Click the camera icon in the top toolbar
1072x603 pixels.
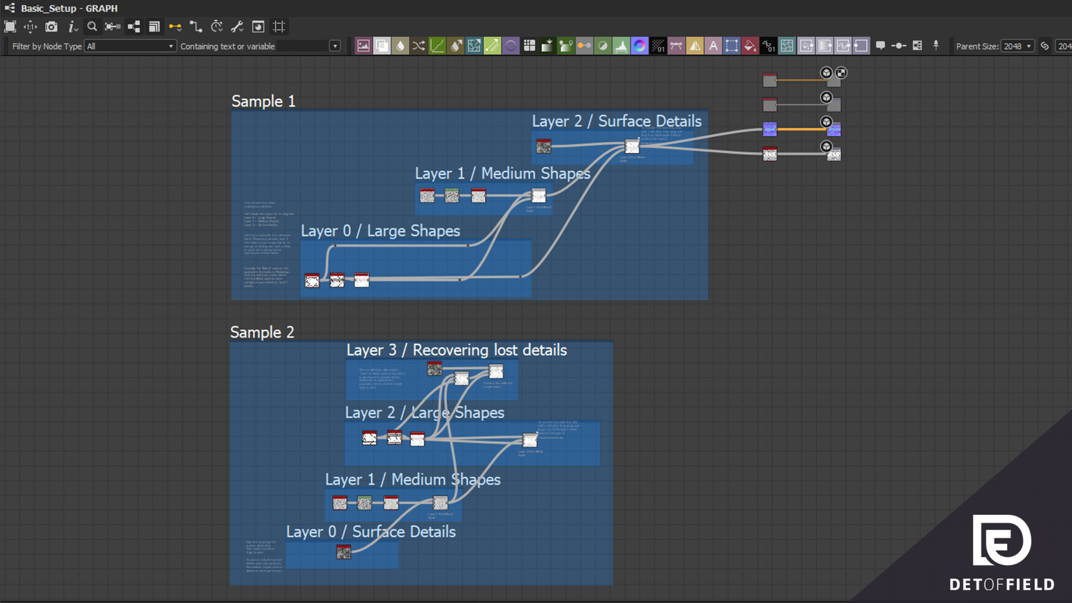tap(52, 27)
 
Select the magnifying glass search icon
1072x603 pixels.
tap(92, 27)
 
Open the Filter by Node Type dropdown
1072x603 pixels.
tap(130, 46)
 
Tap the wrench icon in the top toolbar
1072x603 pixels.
tap(237, 27)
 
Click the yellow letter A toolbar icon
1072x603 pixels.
tap(713, 46)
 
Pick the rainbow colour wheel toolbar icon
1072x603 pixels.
tap(639, 46)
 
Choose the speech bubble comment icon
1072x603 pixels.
tap(880, 46)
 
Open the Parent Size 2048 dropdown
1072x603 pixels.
tap(1017, 46)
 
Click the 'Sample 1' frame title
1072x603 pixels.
tap(263, 101)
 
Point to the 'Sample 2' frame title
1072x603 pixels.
tap(262, 332)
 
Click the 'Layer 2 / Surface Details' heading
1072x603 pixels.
tap(616, 121)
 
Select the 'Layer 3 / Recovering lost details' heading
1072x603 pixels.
tap(456, 350)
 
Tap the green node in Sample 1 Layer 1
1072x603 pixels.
tap(452, 195)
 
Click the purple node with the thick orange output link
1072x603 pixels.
tap(770, 129)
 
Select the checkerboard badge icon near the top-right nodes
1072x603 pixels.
tap(841, 73)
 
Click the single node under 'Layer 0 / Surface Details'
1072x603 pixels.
tap(344, 552)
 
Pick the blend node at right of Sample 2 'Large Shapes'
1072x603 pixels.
tap(530, 440)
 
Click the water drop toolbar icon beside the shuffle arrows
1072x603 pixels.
tap(400, 46)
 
